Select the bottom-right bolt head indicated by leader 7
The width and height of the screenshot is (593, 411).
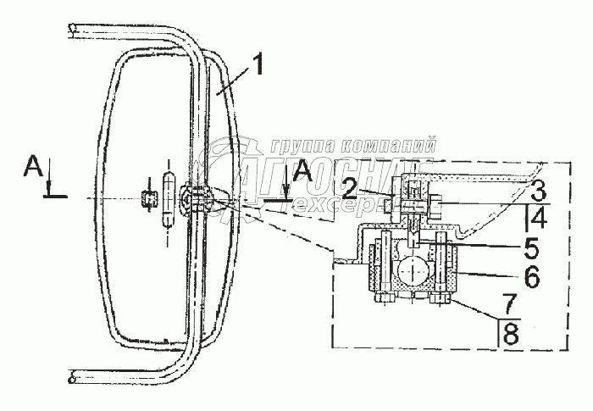439,297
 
